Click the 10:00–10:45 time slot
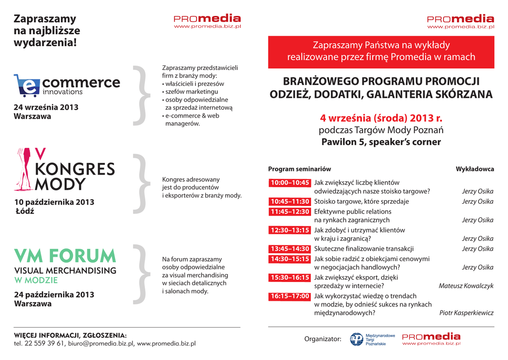pos(290,183)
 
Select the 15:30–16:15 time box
pos(290,278)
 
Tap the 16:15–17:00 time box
pos(290,296)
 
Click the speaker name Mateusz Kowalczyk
pos(466,286)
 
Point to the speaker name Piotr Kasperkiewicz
pos(466,313)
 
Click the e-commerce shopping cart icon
pos(27,85)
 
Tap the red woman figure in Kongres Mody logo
pos(23,169)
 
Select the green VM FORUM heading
pos(65,256)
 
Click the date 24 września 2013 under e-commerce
pos(46,107)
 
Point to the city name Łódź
pos(25,211)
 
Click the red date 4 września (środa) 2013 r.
pos(381,118)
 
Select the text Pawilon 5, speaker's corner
pos(381,142)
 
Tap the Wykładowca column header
pos(475,169)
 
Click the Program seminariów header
pos(299,169)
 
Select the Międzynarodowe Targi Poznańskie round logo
pos(357,339)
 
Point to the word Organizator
pos(322,339)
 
